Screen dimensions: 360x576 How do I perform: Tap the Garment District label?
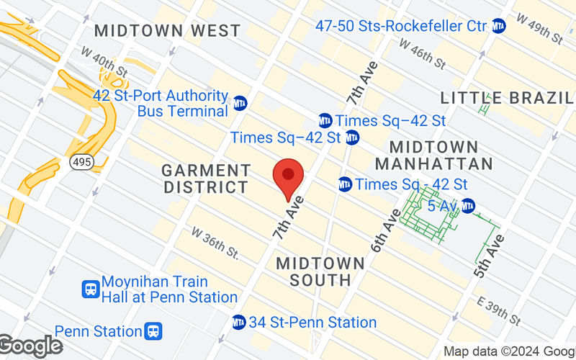[x=206, y=179]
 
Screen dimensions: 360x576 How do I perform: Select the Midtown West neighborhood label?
[x=167, y=31]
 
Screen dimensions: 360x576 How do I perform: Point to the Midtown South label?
[x=314, y=271]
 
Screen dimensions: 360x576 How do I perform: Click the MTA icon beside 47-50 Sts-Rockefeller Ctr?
[x=499, y=26]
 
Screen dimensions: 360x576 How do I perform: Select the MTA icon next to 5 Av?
[x=468, y=206]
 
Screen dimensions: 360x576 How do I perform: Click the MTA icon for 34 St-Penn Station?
[x=239, y=322]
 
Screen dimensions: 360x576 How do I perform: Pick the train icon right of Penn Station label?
[x=153, y=331]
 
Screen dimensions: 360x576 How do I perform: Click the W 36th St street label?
[x=215, y=243]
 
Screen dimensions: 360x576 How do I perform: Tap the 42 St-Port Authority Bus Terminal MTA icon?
[x=240, y=102]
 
